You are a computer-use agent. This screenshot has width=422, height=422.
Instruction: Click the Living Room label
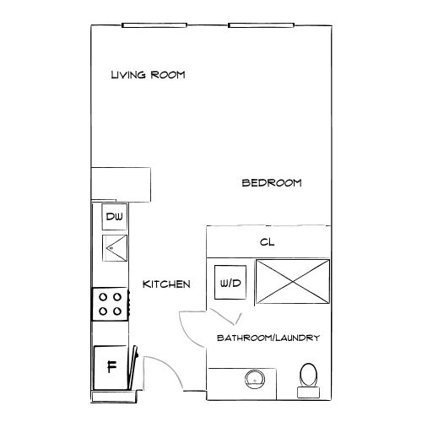pyautogui.click(x=148, y=75)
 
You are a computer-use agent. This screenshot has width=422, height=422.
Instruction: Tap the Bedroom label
pyautogui.click(x=272, y=183)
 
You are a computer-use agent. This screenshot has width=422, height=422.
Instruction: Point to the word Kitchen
pyautogui.click(x=166, y=284)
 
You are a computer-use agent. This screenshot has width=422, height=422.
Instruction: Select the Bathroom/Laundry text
pyautogui.click(x=268, y=338)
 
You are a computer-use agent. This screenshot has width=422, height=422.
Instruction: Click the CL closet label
pyautogui.click(x=267, y=242)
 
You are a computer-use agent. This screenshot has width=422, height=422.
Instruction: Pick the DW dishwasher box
pyautogui.click(x=115, y=217)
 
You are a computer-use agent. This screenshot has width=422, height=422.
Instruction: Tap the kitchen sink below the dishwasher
pyautogui.click(x=115, y=248)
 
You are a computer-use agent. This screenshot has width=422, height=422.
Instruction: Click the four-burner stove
pyautogui.click(x=111, y=304)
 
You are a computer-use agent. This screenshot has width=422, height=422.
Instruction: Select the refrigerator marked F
pyautogui.click(x=111, y=367)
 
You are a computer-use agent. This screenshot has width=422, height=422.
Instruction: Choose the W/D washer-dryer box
pyautogui.click(x=230, y=282)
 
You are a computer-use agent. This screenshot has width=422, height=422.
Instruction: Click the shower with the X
pyautogui.click(x=293, y=282)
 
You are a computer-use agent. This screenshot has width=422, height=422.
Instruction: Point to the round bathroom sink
pyautogui.click(x=255, y=380)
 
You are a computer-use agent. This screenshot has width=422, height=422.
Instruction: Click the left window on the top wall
pyautogui.click(x=154, y=25)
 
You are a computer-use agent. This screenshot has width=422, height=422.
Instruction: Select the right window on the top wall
pyautogui.click(x=261, y=25)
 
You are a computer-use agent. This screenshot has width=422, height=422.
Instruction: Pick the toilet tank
pyautogui.click(x=308, y=392)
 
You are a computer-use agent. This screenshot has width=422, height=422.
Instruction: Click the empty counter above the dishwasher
pyautogui.click(x=121, y=184)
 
